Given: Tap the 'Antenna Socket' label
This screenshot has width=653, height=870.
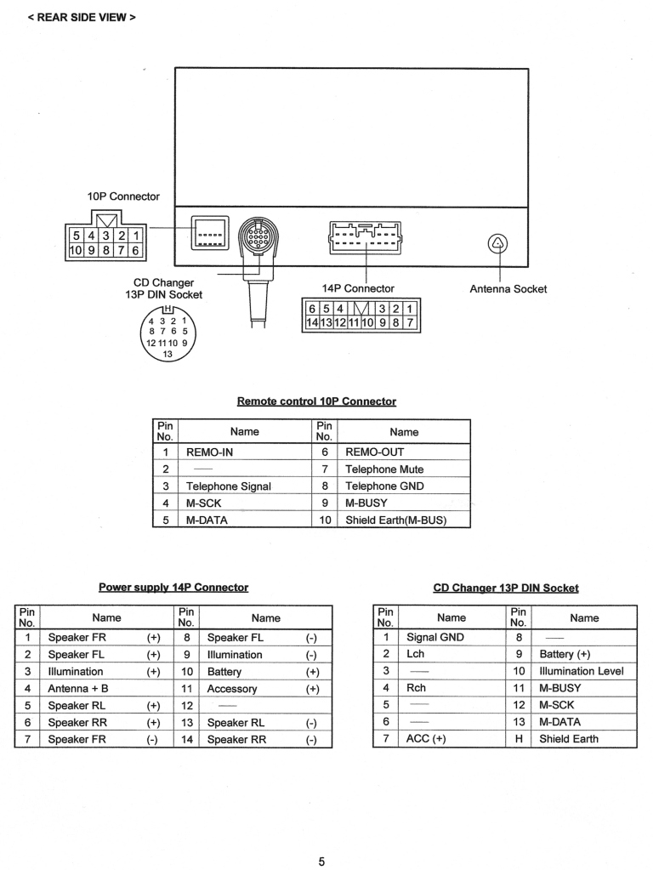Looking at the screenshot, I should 508,289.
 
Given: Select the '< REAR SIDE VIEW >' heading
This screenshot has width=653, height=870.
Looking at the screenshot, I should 82,17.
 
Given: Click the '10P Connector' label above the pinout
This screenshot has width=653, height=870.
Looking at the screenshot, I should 123,196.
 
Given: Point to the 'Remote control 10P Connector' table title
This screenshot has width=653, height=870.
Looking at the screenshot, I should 316,401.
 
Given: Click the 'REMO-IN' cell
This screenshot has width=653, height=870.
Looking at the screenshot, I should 209,452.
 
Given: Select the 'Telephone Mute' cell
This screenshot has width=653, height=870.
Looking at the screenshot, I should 384,469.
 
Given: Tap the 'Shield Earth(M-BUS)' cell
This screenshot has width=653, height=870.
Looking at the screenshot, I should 396,520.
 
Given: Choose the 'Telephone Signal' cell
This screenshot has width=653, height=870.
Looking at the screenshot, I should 229,486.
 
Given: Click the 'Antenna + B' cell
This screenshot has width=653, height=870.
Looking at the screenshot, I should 78,689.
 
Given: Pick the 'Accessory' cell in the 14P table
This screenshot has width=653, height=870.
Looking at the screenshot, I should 231,689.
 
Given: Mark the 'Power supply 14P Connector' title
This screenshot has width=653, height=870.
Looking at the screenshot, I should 173,588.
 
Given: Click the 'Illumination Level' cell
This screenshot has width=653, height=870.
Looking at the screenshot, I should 582,671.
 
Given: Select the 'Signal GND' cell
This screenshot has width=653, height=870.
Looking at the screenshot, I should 435,637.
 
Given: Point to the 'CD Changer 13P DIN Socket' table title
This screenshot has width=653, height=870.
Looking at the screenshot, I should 506,588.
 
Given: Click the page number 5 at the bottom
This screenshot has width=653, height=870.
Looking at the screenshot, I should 321,861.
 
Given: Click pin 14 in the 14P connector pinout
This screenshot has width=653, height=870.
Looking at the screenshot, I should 311,323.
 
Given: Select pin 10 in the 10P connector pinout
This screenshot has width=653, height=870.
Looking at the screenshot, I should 76,250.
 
